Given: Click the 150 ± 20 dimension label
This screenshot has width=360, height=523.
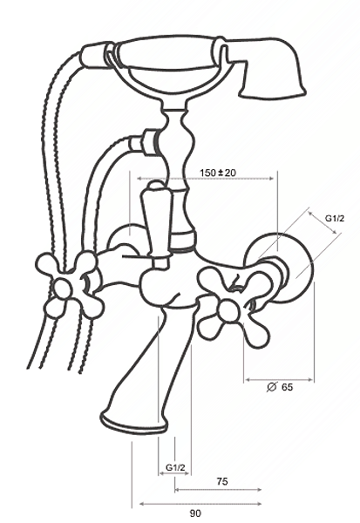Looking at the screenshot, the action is (218, 173).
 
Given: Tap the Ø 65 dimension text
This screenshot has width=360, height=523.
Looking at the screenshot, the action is (280, 387).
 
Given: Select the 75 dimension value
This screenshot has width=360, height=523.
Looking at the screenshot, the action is (222, 481).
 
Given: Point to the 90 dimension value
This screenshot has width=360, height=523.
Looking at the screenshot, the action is (195, 513).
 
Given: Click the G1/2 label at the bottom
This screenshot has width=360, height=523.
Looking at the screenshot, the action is (175, 467).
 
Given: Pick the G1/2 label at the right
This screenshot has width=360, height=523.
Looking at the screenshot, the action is (335, 219).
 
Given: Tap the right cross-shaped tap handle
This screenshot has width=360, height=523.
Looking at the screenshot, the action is (234, 306).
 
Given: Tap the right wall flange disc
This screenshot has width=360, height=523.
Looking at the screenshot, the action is (280, 267).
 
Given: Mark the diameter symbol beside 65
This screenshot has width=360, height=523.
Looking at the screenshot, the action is (272, 387).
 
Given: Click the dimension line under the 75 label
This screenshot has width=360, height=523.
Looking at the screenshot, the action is (218, 490).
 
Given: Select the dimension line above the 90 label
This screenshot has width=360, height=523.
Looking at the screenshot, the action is (200, 504).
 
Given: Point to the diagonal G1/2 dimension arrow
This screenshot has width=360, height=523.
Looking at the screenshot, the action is (323, 222).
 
